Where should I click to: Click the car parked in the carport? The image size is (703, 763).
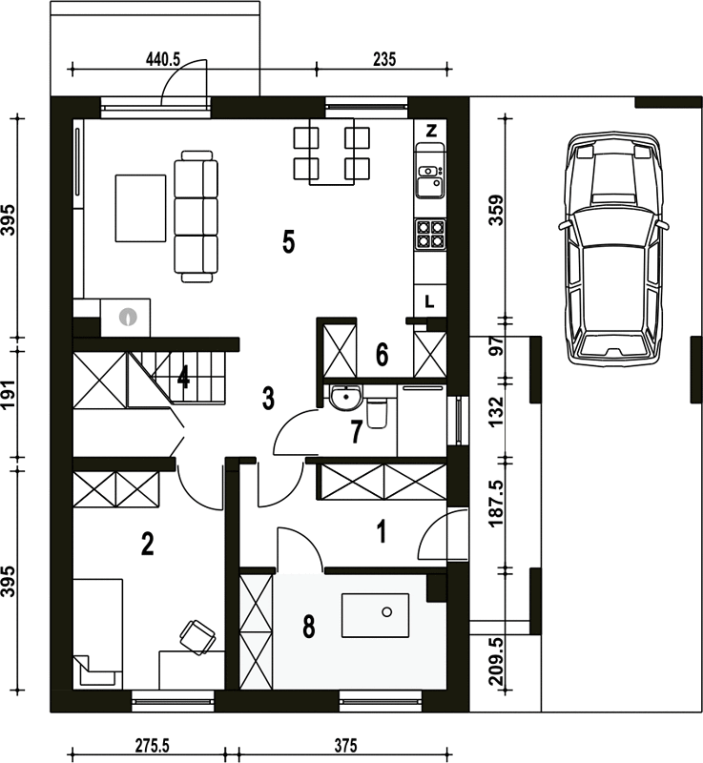[613, 249]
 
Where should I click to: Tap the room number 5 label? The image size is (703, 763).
[288, 242]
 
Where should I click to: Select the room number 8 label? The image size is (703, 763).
[309, 627]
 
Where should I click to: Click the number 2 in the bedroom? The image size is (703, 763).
[148, 544]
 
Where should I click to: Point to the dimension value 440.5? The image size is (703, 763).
[163, 59]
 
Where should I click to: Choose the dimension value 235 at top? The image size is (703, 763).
[384, 59]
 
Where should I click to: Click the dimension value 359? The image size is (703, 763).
[497, 210]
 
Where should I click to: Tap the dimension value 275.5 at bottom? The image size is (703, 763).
[153, 746]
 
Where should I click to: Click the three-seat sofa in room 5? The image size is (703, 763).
[196, 217]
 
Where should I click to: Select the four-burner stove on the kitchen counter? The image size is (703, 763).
[430, 234]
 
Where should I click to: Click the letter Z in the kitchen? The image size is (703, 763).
[431, 131]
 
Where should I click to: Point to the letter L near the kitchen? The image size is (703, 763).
[429, 302]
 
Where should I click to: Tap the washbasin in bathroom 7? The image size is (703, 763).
[345, 397]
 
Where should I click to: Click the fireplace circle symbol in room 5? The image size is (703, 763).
[128, 317]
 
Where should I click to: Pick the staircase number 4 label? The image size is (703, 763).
[183, 377]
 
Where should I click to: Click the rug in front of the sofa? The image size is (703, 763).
[140, 208]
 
